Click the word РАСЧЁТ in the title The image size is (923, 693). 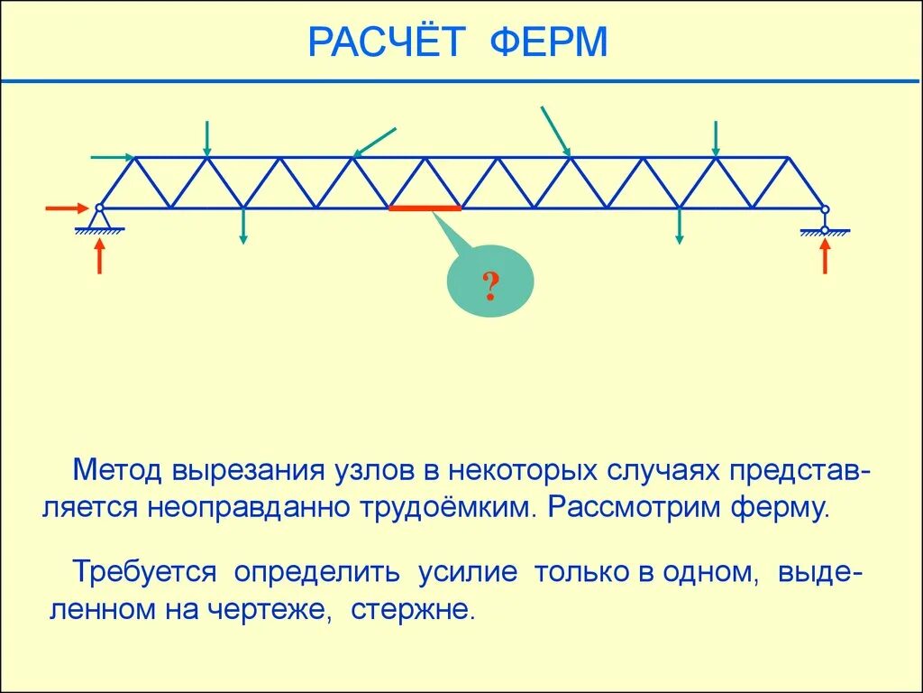385,42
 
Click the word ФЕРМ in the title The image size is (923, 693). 550,42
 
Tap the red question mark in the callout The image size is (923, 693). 490,286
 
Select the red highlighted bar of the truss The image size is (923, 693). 425,208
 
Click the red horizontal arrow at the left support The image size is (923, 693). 69,208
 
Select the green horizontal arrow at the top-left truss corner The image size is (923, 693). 113,157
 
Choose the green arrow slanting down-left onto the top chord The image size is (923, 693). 375,142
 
